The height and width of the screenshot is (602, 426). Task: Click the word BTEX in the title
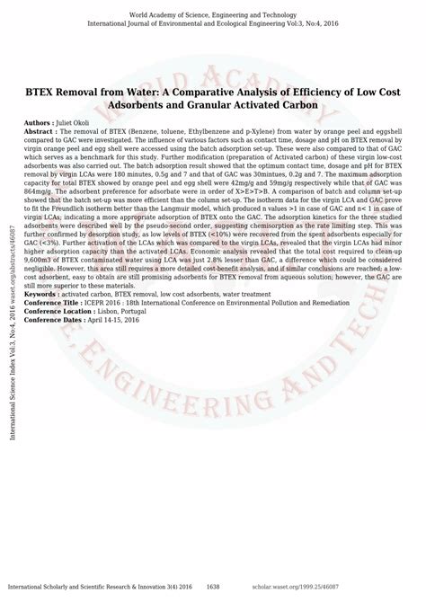[x=43, y=93]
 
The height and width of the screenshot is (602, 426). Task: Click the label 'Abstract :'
[x=45, y=129]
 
